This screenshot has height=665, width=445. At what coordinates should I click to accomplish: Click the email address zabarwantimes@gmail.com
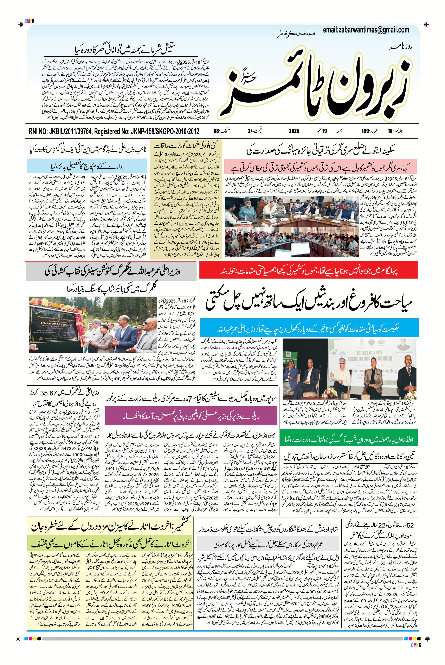(366, 30)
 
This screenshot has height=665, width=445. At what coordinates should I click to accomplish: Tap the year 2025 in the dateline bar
(294, 131)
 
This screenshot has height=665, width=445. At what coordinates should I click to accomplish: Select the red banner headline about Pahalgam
(309, 270)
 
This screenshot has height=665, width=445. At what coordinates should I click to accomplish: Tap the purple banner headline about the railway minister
(191, 417)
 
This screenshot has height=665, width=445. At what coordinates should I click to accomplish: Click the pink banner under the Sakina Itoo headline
(320, 167)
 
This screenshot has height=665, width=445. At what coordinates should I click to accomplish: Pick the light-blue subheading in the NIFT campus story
(87, 166)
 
